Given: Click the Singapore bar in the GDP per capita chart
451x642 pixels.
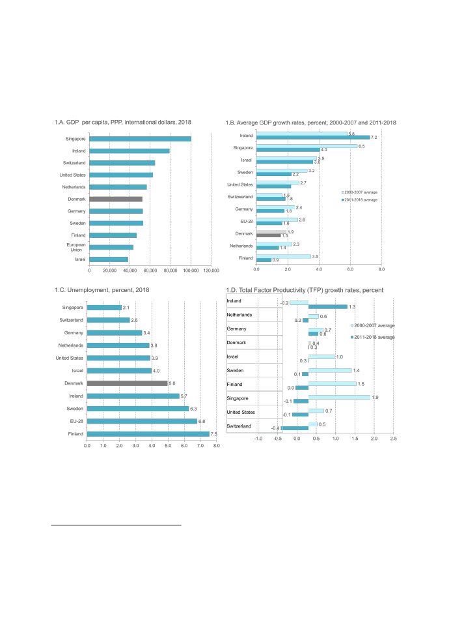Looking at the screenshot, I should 140,139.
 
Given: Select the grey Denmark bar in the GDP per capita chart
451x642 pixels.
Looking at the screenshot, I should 116,199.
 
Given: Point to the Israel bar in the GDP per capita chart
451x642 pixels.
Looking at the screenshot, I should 109,259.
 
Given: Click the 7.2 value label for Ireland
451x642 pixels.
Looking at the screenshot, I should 374,138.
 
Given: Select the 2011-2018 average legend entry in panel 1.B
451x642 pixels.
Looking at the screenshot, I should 361,199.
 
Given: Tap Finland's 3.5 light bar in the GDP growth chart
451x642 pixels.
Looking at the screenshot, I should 283,256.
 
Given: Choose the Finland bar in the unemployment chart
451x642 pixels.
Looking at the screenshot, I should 148,433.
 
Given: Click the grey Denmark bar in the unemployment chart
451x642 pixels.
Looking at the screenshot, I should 128,383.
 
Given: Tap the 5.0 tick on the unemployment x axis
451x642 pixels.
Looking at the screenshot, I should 168,445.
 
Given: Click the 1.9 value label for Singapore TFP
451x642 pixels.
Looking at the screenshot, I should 375,397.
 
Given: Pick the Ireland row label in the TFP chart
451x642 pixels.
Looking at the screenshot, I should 234,301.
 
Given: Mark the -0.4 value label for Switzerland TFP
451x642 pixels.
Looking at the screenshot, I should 275,428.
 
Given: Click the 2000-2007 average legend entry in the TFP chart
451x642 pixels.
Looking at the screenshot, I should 374,325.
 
